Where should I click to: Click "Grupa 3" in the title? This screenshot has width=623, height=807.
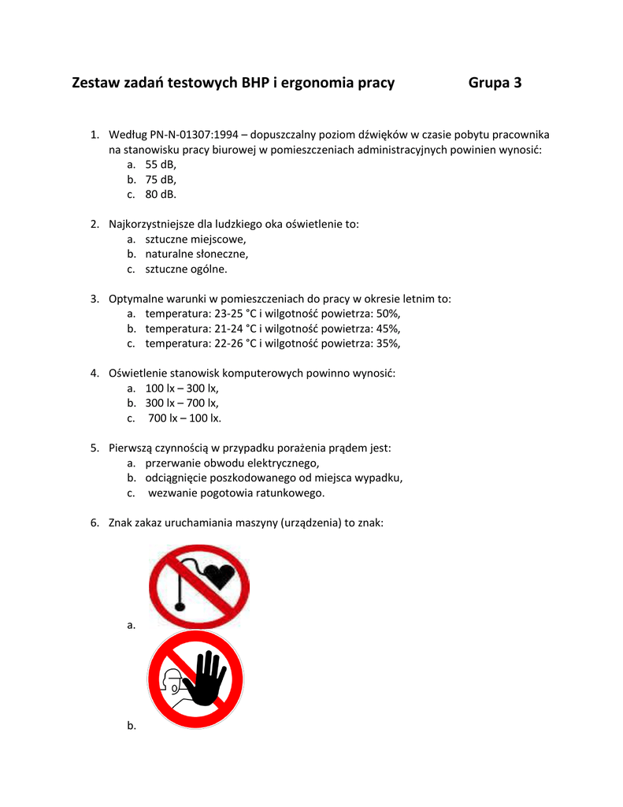[495, 83]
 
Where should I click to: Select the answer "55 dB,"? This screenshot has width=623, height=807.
[161, 164]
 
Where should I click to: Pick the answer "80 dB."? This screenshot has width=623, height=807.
[161, 194]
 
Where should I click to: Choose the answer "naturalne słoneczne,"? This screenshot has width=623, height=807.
[197, 254]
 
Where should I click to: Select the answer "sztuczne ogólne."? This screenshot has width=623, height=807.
[186, 269]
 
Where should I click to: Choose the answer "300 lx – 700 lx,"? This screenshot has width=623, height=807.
[182, 403]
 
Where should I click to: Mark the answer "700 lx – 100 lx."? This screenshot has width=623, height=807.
[184, 418]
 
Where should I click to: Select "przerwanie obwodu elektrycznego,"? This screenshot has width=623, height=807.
[232, 463]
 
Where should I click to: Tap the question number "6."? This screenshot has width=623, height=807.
[95, 522]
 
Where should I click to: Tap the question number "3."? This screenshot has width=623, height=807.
[95, 299]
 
